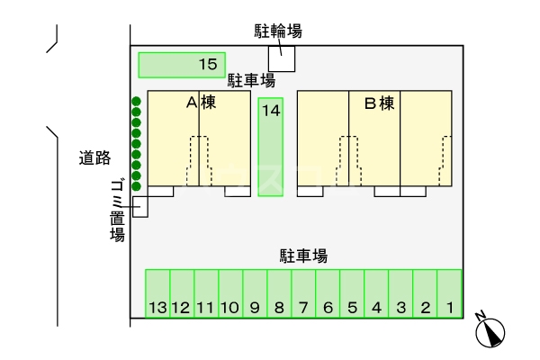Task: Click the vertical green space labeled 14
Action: tap(271, 147)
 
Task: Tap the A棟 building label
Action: tap(200, 103)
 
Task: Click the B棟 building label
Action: tap(379, 103)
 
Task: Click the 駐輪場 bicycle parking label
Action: tap(277, 31)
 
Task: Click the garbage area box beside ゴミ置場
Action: tap(139, 206)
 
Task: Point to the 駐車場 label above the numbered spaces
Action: tap(302, 256)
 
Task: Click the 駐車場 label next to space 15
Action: tap(251, 80)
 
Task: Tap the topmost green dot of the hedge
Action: tap(136, 101)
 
